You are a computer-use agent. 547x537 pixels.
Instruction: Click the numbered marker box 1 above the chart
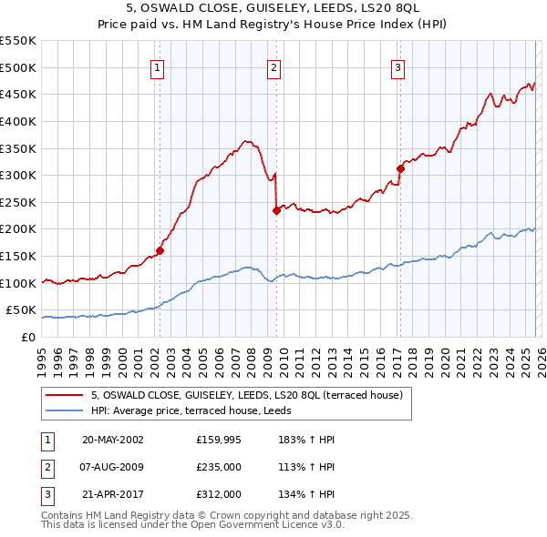point(158,66)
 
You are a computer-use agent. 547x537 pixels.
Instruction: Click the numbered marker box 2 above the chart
point(274,66)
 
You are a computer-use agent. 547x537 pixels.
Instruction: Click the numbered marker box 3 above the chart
point(398,66)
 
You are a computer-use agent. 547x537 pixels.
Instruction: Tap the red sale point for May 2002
point(160,250)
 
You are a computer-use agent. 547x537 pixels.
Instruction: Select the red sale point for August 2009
point(275,210)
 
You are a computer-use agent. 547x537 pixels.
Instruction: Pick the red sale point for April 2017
point(400,168)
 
